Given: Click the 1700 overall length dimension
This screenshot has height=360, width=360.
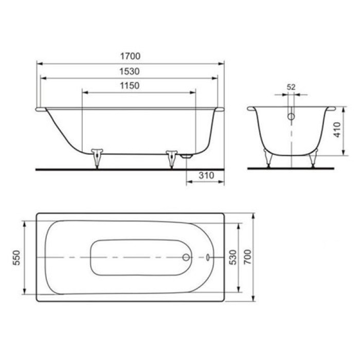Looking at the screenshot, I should (x=130, y=56).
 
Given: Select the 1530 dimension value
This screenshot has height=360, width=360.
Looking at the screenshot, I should (x=130, y=71).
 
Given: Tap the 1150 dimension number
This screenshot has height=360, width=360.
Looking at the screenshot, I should (x=130, y=85).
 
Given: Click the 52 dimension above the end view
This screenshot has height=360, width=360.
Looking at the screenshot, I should (x=291, y=87).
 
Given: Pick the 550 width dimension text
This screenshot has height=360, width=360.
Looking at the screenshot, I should (x=16, y=257).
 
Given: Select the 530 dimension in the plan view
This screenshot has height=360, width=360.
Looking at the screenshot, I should (x=233, y=257).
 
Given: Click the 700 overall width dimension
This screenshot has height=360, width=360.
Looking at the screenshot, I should (x=248, y=257).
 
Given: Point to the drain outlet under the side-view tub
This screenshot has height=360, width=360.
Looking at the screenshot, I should (x=187, y=155).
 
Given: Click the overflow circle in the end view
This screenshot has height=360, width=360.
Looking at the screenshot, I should (x=291, y=117).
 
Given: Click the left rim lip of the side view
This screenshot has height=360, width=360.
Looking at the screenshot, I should (x=41, y=109).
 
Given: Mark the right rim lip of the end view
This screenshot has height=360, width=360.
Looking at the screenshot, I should (x=329, y=109).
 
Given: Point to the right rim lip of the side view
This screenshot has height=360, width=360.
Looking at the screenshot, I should (x=220, y=109).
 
